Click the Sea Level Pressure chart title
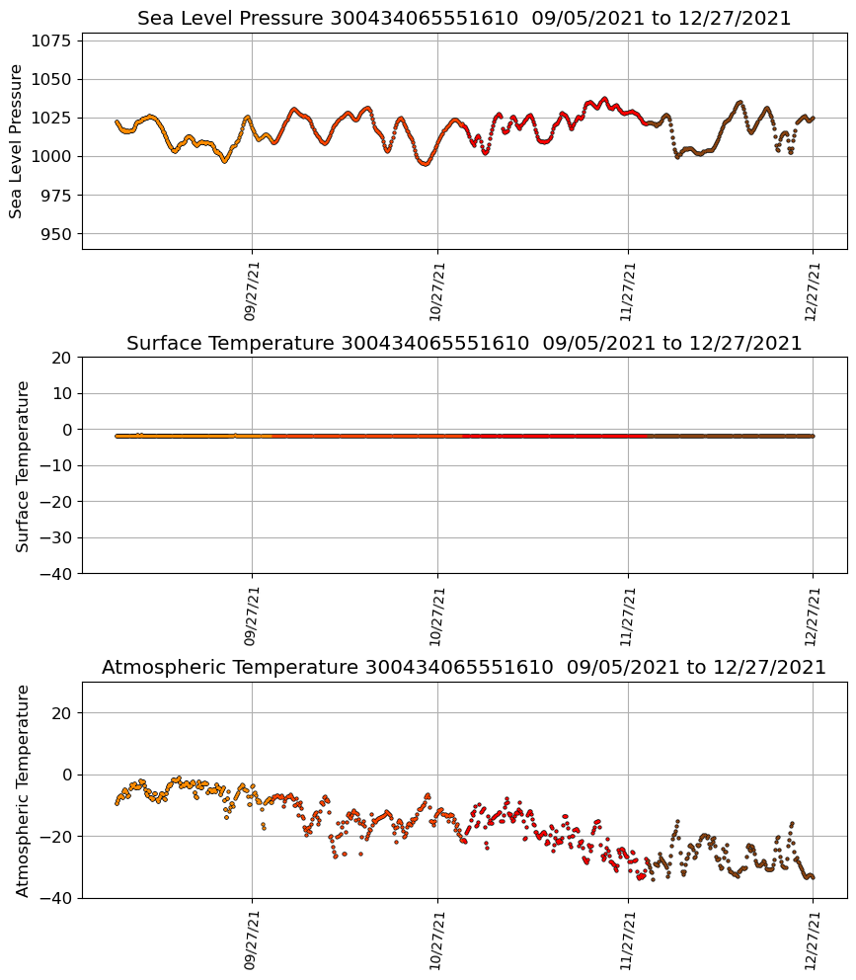pos(464,19)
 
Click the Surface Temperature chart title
pos(464,344)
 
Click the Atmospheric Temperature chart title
pos(464,668)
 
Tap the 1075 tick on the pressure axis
pos(55,41)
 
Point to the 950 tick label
pos(60,234)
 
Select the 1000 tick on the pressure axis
pos(55,157)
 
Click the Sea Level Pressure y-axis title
pos(17,140)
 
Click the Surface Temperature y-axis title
pos(23,465)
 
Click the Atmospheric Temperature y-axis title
pos(23,789)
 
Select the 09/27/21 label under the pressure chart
pos(251,290)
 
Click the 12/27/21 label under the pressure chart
pos(813,290)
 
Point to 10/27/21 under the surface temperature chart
pos(437,614)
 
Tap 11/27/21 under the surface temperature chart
pos(628,614)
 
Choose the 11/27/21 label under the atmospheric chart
pos(628,939)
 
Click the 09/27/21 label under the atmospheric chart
pos(251,939)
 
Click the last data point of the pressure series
pos(813,119)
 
